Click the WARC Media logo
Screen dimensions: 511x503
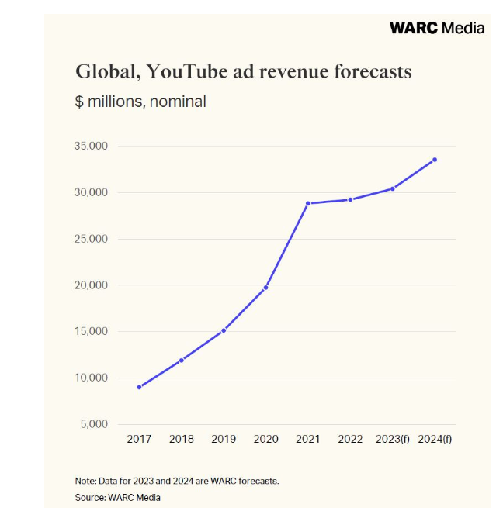[x=436, y=28]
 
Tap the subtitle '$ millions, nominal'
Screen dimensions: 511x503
[x=140, y=101]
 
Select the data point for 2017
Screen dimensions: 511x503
[x=139, y=387]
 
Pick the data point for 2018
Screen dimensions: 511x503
[x=182, y=360]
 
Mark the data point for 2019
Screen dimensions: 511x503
[x=224, y=330]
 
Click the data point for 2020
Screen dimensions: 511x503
[x=266, y=288]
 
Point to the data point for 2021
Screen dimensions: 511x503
[x=308, y=203]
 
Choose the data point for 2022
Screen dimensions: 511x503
[x=350, y=199]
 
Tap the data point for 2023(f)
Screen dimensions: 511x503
[x=393, y=188]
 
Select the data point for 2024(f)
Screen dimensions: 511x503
[x=435, y=160]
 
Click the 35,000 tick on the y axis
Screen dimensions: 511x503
[x=92, y=146]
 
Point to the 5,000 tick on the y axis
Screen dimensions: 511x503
[x=95, y=424]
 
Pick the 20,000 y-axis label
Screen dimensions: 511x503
[x=92, y=285]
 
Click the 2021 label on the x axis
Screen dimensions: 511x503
[x=308, y=439]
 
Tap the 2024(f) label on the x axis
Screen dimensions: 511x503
[x=435, y=439]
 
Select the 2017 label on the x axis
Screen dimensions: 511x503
[x=139, y=439]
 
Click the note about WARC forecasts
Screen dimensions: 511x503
[x=177, y=481]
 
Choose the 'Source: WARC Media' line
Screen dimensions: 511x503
[x=118, y=497]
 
